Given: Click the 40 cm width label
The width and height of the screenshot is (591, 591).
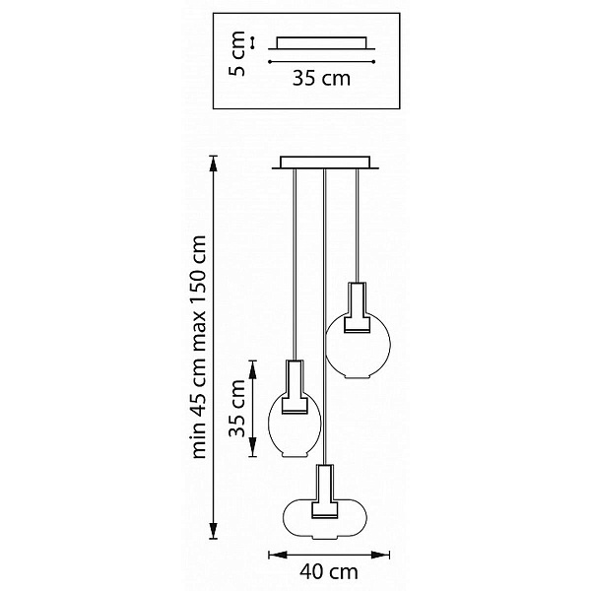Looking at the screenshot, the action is click(x=329, y=572).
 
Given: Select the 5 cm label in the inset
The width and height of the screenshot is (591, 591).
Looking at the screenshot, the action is click(x=237, y=54).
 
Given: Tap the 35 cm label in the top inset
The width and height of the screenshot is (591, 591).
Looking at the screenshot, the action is click(x=321, y=78).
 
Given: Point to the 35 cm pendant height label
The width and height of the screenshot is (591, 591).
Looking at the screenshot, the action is click(x=237, y=408).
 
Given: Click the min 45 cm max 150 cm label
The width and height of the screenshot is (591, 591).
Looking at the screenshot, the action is click(x=199, y=347).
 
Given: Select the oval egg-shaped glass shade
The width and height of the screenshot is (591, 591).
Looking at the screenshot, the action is click(x=295, y=425).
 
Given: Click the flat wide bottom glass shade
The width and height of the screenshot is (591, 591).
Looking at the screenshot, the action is click(x=324, y=518).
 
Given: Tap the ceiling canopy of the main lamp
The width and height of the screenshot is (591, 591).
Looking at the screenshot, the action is click(x=325, y=163).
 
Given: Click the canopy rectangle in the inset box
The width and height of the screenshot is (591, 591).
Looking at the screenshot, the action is click(x=321, y=42).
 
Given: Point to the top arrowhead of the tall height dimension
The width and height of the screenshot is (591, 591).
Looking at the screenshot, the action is click(x=214, y=164).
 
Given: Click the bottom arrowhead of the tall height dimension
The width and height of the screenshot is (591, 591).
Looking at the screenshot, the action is click(x=214, y=530).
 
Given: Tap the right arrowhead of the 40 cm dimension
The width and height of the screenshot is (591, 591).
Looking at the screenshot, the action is click(x=380, y=555).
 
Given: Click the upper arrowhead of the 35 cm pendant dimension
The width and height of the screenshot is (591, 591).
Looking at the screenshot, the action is click(x=253, y=369).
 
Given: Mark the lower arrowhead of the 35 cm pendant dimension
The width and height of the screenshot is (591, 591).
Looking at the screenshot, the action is click(x=253, y=447).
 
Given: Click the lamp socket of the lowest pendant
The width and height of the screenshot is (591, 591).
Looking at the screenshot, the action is click(x=324, y=492).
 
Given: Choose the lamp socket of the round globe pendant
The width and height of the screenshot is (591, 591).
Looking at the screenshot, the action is click(x=358, y=307).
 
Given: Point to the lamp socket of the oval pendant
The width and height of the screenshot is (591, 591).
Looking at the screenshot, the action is click(x=295, y=387).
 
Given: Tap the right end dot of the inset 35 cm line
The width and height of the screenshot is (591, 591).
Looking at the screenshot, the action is click(x=373, y=61).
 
